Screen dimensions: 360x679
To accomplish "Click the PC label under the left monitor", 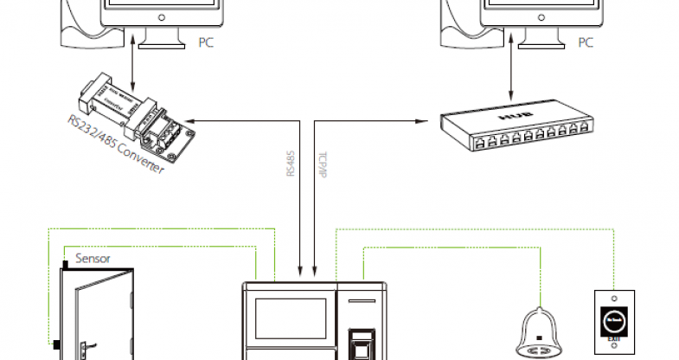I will point(205,42).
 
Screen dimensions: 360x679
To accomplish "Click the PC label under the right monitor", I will point(586,42).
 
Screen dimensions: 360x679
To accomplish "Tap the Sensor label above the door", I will point(93,258).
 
